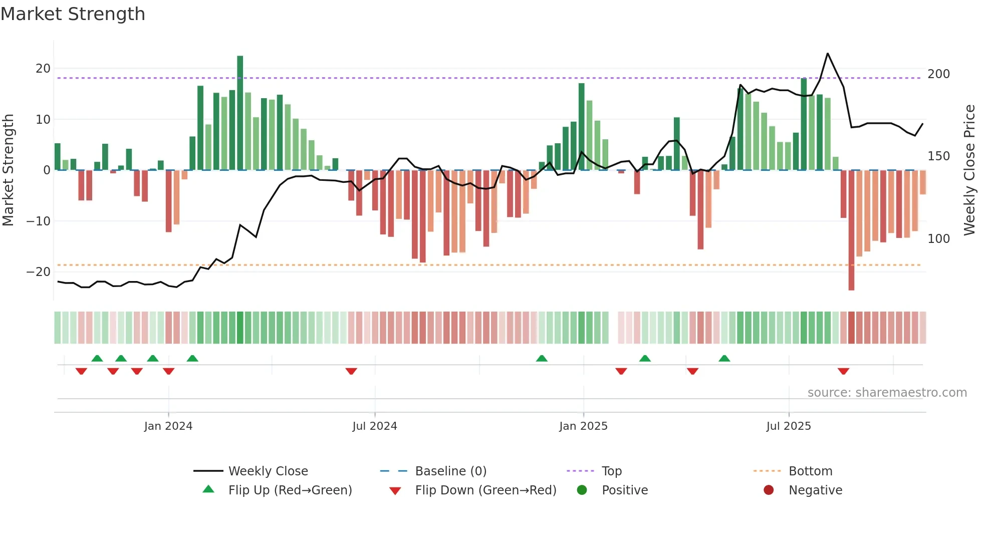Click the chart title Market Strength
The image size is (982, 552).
pos(73,14)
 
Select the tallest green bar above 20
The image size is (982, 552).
pos(240,113)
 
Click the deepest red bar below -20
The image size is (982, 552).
pos(851,230)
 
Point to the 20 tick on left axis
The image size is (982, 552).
pos(43,69)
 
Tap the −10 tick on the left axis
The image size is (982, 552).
pos(39,221)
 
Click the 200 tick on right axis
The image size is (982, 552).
pos(938,74)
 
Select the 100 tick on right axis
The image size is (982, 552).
pos(938,239)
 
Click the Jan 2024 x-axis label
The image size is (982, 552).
pos(168,426)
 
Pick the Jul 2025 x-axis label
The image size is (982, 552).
pos(788,426)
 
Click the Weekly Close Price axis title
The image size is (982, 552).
pos(969,170)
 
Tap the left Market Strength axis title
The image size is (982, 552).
pos(8,170)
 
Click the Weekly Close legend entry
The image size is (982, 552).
pos(268,471)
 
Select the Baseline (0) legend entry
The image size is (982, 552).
pos(450,471)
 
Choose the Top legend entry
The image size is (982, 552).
pos(611,471)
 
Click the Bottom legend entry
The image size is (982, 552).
pos(810,471)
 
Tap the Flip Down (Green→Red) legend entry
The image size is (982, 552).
pos(485,490)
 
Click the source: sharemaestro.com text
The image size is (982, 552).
pos(887,393)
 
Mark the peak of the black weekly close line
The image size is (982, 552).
pos(827,54)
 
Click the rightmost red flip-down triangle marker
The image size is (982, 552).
pos(843,371)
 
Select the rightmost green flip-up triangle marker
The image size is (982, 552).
pos(724,358)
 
